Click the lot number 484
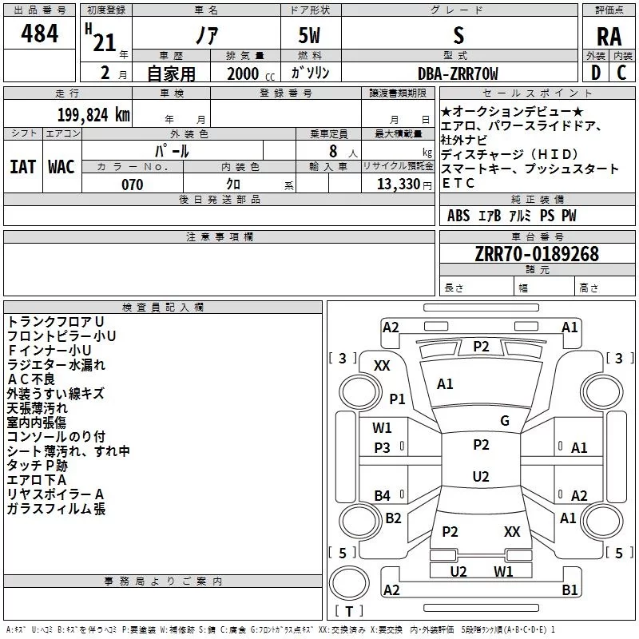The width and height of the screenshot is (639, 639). [x=39, y=33]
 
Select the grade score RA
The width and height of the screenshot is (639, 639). [x=609, y=37]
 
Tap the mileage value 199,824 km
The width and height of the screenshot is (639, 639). [x=93, y=115]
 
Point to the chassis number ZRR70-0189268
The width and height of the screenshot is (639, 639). [x=537, y=253]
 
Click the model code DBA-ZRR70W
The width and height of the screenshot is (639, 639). [x=458, y=73]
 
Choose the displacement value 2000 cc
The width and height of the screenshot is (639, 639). [x=251, y=73]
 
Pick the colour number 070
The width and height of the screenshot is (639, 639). [x=132, y=185]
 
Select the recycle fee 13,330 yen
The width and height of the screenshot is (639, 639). [x=404, y=185]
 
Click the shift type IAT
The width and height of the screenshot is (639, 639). [x=23, y=167]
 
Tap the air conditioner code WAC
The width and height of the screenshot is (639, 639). [x=62, y=167]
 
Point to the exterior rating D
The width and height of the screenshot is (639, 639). [x=596, y=73]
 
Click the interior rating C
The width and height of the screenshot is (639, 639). [x=621, y=73]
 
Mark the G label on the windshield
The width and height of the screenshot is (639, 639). [x=505, y=421]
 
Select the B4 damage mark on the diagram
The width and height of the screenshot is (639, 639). [x=383, y=495]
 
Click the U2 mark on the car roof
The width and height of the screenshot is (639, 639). [x=481, y=476]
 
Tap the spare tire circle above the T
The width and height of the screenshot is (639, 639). [x=349, y=582]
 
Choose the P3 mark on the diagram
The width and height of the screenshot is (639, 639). [x=383, y=448]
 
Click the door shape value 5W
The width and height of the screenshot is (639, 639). [x=309, y=35]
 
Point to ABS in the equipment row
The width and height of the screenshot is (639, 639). [x=458, y=216]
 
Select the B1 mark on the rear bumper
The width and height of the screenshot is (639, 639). [x=570, y=589]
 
